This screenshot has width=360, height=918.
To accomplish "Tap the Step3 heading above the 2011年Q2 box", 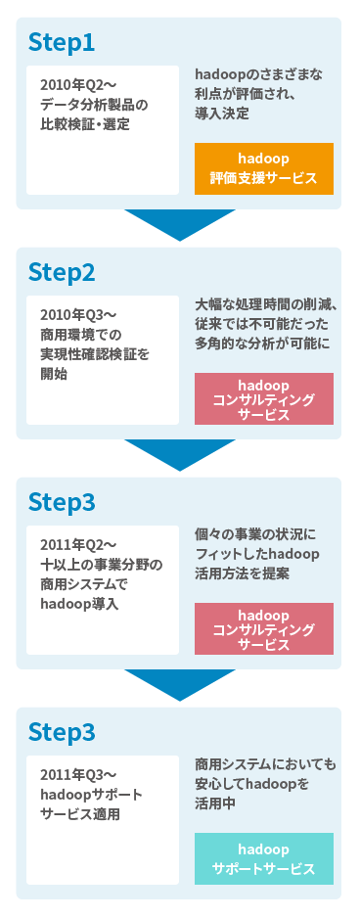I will pyautogui.click(x=62, y=502).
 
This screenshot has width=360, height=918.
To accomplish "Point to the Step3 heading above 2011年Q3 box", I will pyautogui.click(x=62, y=732).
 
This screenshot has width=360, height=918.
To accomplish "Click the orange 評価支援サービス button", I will pyautogui.click(x=264, y=168).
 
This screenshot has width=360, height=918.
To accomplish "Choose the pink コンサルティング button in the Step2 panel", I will pyautogui.click(x=264, y=398).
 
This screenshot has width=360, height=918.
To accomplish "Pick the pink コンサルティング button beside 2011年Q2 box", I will pyautogui.click(x=264, y=628).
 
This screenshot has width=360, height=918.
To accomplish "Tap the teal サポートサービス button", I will pyautogui.click(x=264, y=858).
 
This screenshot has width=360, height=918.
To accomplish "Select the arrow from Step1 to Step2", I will pyautogui.click(x=180, y=225).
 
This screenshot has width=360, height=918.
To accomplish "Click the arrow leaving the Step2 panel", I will pyautogui.click(x=180, y=455).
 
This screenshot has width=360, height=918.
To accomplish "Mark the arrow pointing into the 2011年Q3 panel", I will pyautogui.click(x=180, y=685).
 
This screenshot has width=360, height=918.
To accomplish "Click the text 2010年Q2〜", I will pyautogui.click(x=78, y=85).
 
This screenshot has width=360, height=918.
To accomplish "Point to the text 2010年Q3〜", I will pyautogui.click(x=78, y=315).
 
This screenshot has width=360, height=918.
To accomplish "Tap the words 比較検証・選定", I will pyautogui.click(x=85, y=124).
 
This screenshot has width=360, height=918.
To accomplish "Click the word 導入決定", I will pyautogui.click(x=222, y=114).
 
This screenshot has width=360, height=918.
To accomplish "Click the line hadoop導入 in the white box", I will pyautogui.click(x=79, y=604).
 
